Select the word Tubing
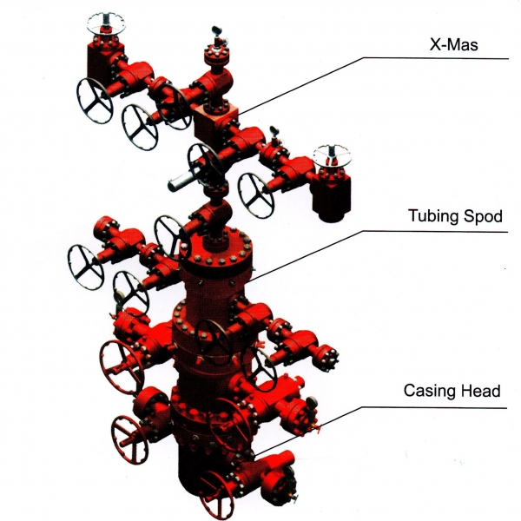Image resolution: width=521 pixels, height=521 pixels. tap(430, 215)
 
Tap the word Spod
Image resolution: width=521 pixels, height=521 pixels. tap(482, 215)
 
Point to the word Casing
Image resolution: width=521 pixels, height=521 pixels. tap(430, 391)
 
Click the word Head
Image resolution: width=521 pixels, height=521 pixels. tap(482, 391)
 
